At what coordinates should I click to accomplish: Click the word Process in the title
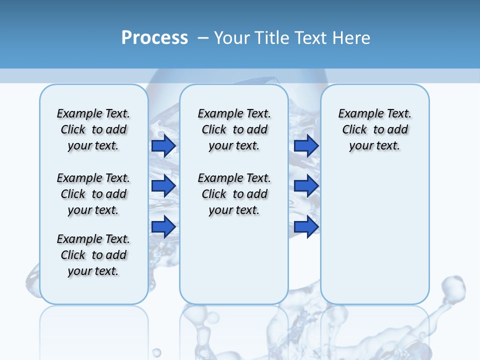click(154, 37)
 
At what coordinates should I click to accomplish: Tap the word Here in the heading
click(352, 37)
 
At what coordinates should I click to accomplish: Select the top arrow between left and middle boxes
click(163, 145)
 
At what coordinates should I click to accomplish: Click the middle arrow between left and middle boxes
click(163, 186)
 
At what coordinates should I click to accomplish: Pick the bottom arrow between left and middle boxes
click(163, 227)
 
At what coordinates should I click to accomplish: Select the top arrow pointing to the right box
click(306, 145)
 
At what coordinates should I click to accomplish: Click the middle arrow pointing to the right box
click(306, 186)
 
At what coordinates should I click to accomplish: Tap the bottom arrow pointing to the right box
click(306, 227)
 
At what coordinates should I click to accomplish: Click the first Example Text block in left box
click(93, 129)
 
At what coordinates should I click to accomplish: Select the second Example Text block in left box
click(93, 194)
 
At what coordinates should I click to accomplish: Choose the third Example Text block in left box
click(93, 255)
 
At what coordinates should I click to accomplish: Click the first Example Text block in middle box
click(234, 129)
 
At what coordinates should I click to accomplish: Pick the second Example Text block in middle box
click(234, 194)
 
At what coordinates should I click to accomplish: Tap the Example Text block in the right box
click(375, 129)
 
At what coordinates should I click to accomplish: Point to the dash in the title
click(203, 37)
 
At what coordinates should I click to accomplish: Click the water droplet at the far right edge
click(453, 287)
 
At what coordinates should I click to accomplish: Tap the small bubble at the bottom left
click(156, 352)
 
